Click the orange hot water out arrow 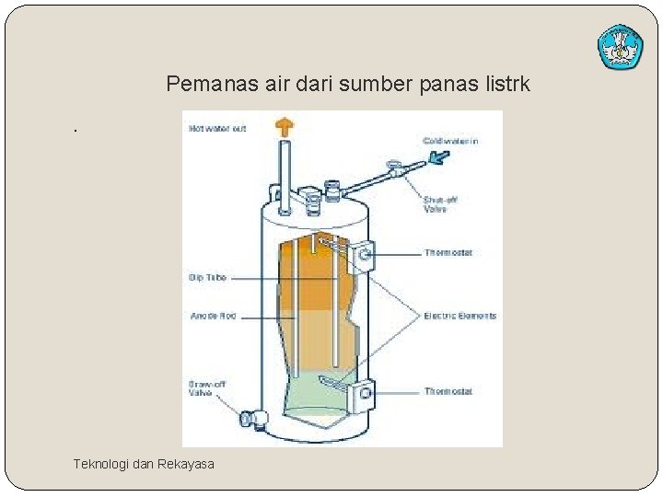pos(285,126)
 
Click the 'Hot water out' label pos(217,128)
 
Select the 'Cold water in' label pos(450,140)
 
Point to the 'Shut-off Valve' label pos(440,204)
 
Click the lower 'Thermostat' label pos(448,391)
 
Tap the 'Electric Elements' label pos(459,316)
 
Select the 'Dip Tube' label pos(207,277)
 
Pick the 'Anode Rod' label pos(213,316)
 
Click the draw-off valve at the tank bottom pos(250,420)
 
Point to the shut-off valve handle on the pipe pos(395,170)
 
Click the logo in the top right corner pos(620,47)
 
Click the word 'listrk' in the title pos(505,85)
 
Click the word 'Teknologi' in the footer pos(101,464)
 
